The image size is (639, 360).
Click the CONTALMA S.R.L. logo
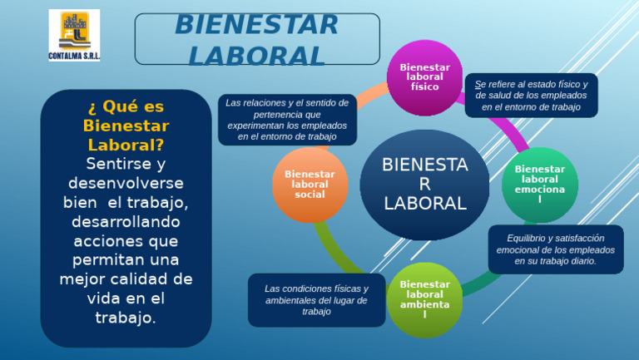(73, 36)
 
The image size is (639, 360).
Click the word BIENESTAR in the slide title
(256, 25)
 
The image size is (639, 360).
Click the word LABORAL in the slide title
(256, 55)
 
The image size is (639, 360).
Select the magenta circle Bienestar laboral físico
(425, 76)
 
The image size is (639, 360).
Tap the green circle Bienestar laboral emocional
(539, 184)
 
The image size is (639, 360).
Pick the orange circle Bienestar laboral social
(310, 184)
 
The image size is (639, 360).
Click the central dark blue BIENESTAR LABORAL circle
(424, 184)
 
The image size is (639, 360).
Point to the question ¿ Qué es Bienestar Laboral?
(126, 126)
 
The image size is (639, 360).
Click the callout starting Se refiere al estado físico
(531, 96)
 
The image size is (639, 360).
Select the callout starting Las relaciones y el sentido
(288, 119)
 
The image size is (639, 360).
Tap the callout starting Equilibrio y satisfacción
(555, 249)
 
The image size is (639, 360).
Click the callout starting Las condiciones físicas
(316, 300)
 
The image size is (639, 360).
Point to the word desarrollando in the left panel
(126, 222)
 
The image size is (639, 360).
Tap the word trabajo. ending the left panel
(126, 317)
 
